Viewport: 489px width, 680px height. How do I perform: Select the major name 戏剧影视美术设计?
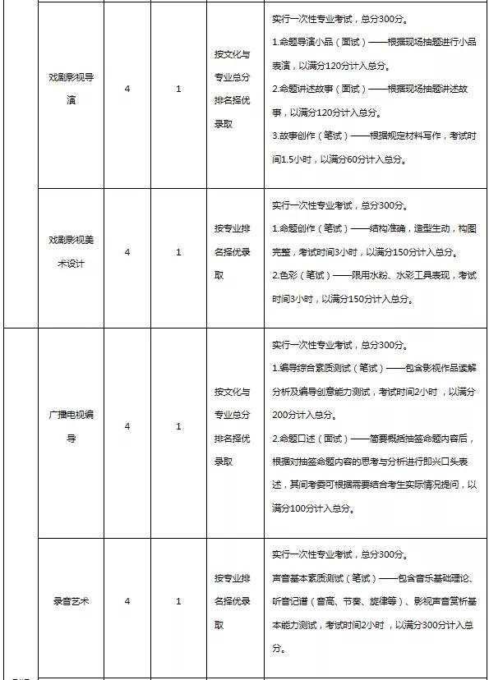[70, 252]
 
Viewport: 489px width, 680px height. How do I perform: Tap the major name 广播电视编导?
[70, 426]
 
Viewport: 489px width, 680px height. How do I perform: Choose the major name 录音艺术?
[70, 601]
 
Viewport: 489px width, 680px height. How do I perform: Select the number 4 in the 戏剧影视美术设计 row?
[127, 252]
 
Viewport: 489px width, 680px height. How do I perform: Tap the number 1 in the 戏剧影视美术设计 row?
[179, 252]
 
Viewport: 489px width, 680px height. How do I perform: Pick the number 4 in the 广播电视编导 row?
[127, 426]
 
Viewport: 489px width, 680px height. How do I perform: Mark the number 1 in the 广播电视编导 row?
[179, 426]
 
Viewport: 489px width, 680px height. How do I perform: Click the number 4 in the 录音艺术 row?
[127, 601]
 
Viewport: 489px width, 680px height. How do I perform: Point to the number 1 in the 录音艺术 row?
[179, 601]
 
